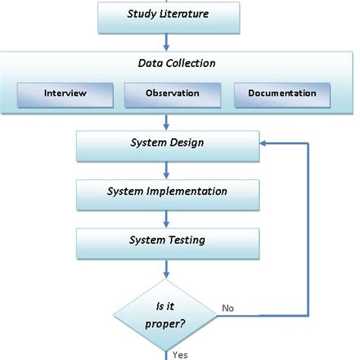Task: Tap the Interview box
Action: pos(65,93)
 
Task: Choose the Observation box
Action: pos(172,93)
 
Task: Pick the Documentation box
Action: pos(282,93)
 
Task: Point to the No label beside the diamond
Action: pos(227,308)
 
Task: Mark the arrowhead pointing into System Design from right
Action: pos(263,143)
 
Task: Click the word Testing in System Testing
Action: pos(186,240)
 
